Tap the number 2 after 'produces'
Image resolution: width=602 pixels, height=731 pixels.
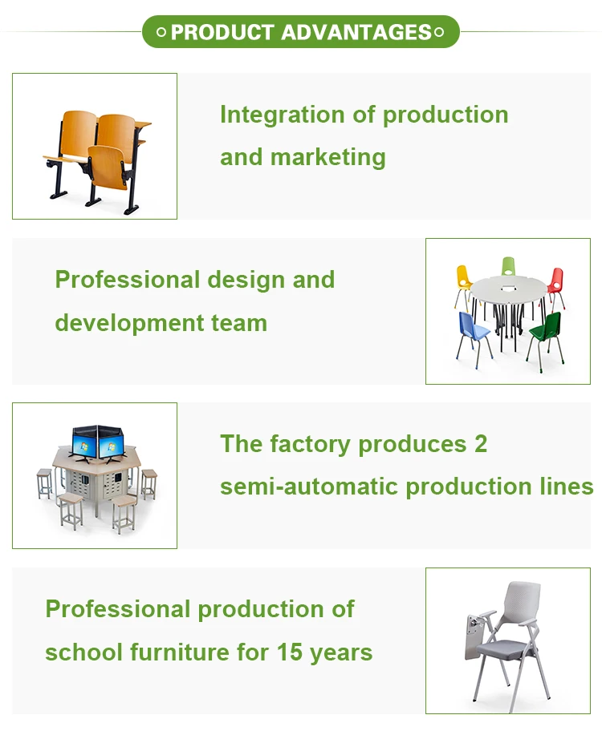(x=480, y=444)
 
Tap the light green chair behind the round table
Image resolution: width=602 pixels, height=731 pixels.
(x=508, y=267)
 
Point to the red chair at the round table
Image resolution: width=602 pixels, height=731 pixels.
(x=555, y=283)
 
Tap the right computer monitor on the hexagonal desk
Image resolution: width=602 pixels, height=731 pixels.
(x=109, y=442)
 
